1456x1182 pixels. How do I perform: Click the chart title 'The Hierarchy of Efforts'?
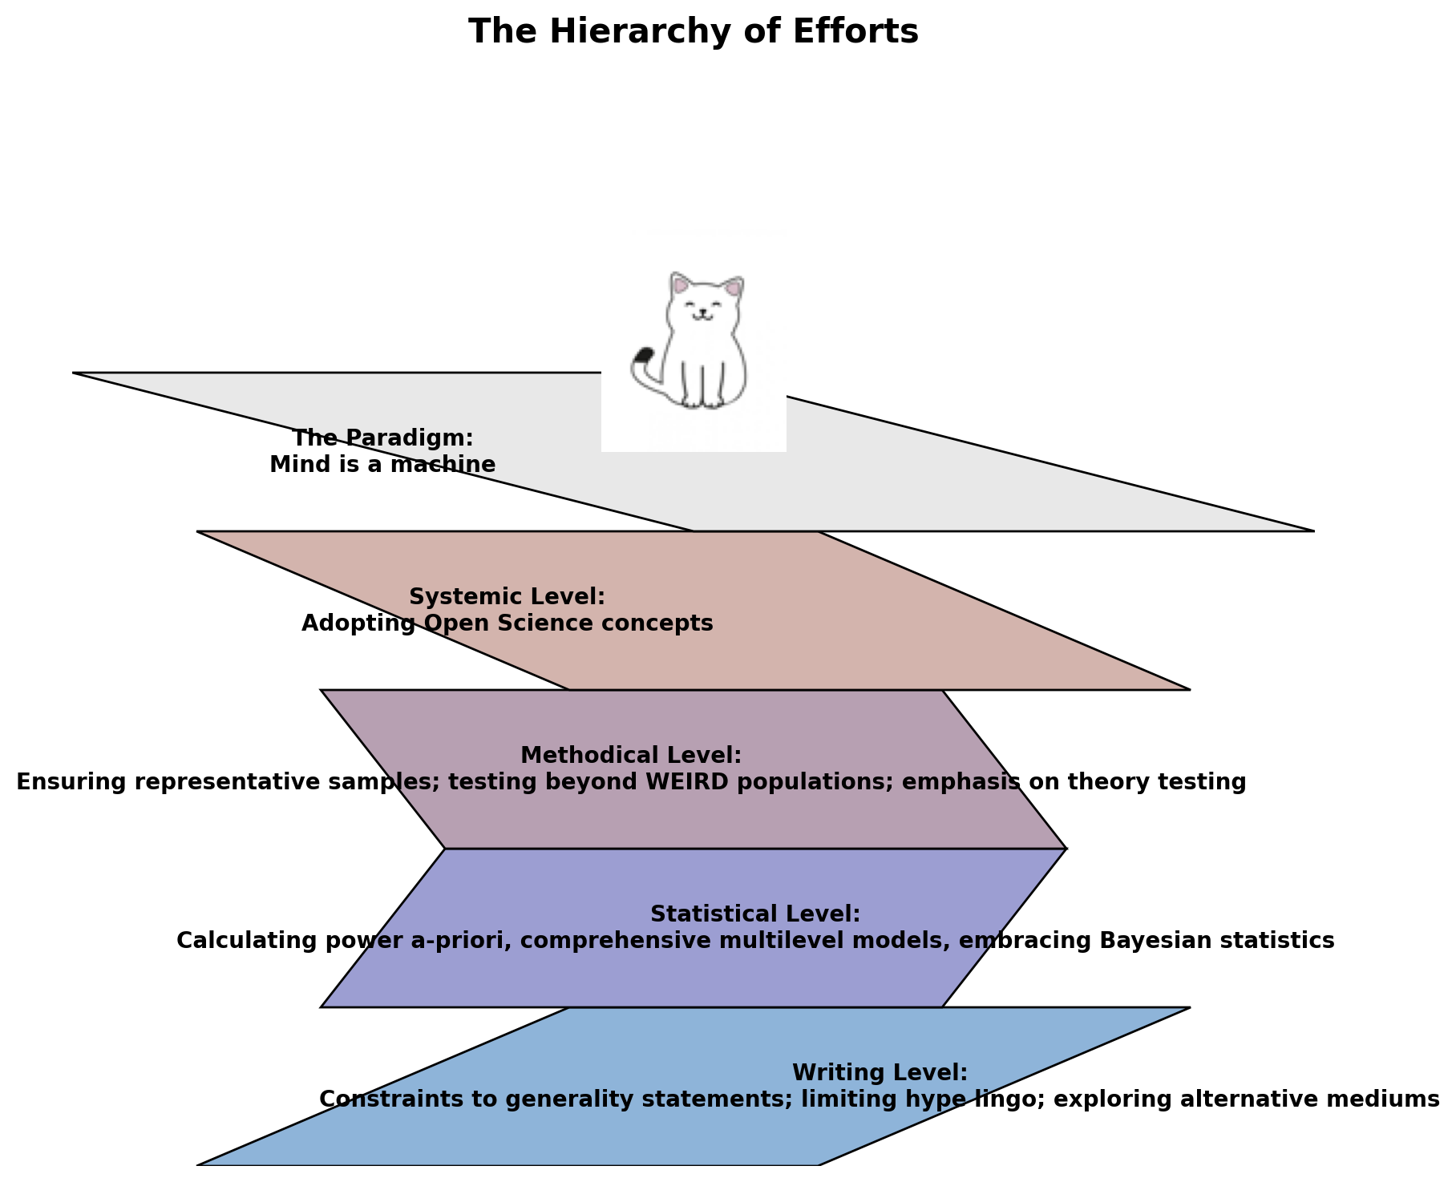click(693, 32)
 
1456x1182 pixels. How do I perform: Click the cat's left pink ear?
click(681, 284)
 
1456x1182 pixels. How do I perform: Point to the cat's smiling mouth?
click(702, 318)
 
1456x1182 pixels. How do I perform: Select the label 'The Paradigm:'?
click(382, 438)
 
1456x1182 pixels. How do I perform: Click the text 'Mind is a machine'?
click(382, 465)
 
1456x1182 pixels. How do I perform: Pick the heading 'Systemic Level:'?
click(507, 597)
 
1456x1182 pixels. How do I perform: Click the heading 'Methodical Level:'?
click(631, 756)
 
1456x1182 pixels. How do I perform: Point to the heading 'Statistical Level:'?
click(755, 914)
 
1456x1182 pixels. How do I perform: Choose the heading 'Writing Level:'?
click(880, 1073)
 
